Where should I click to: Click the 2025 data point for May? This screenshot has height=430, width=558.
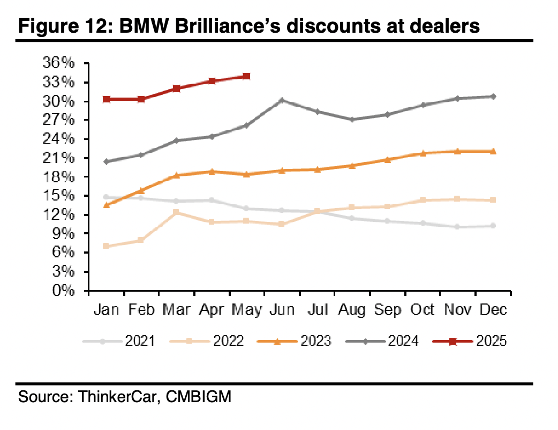(246, 76)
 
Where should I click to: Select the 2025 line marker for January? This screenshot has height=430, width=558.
(106, 99)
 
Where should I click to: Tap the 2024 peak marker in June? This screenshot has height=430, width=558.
(282, 100)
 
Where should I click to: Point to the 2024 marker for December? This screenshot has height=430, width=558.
(493, 97)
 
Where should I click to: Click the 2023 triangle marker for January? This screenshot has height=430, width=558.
(106, 205)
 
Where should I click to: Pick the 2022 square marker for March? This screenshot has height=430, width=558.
(176, 212)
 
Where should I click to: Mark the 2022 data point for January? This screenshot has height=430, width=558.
(106, 246)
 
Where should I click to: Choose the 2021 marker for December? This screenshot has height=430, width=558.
(493, 226)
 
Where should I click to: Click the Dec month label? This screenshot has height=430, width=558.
(492, 310)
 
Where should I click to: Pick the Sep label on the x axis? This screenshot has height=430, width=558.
(387, 310)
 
